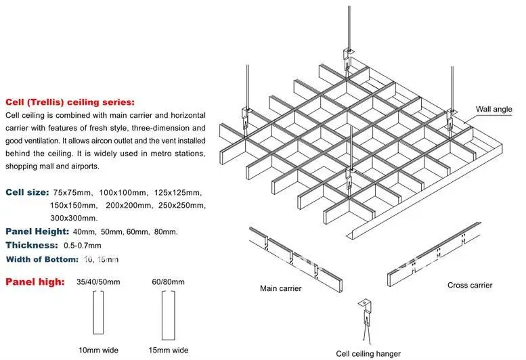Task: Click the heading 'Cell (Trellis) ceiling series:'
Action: pos(70,102)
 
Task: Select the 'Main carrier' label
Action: pos(281,288)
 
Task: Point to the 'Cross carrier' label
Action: pos(470,285)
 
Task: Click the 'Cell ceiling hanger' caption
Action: pos(368,353)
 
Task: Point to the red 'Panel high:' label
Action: pos(35,282)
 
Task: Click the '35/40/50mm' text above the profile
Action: pos(100,282)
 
